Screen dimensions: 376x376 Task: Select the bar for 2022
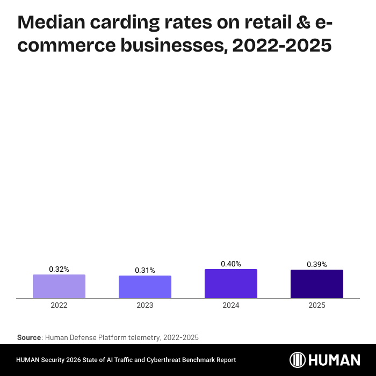[x=59, y=286]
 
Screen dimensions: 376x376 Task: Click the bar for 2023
[x=145, y=287]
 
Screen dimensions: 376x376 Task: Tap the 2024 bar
[x=231, y=284]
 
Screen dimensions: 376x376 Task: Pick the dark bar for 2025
[x=317, y=284]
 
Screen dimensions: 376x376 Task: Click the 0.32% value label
[x=59, y=269]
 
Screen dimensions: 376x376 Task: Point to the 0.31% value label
[x=145, y=270]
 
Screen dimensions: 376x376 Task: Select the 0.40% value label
[x=231, y=264]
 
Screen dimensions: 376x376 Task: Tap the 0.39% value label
[x=317, y=264]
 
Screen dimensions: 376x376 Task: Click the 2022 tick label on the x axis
[x=59, y=305]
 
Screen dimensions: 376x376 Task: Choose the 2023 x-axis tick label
[x=145, y=305]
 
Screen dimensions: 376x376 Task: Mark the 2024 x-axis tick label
[x=231, y=305]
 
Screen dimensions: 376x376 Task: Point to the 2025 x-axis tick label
[x=317, y=305]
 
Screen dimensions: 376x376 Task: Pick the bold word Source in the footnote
[x=29, y=337]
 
